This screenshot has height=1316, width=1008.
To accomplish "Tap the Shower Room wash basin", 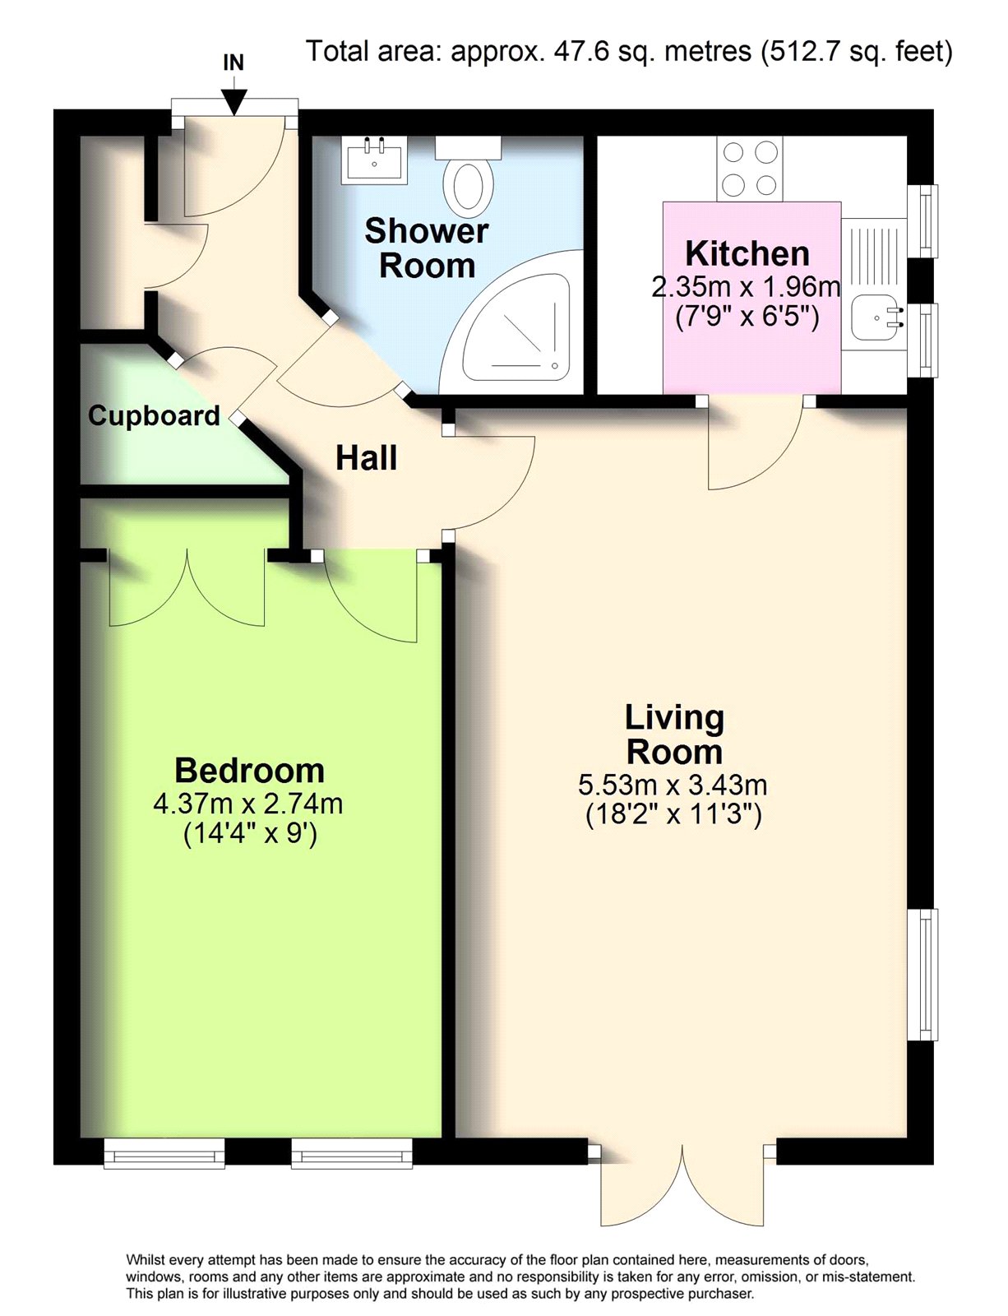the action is (x=373, y=160).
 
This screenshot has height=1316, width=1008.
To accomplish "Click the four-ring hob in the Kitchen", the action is (x=750, y=168).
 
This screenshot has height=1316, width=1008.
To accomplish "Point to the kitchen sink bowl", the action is (x=877, y=317).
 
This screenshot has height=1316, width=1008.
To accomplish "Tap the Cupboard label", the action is (x=154, y=416).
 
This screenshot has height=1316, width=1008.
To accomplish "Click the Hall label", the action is (x=366, y=458).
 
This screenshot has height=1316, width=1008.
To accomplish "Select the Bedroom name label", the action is (x=249, y=771).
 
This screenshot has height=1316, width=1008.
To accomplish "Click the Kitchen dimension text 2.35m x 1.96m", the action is (x=747, y=286).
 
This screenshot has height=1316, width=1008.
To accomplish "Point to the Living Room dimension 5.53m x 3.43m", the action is (x=673, y=785).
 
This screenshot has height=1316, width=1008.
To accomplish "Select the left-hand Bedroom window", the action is (x=164, y=1154).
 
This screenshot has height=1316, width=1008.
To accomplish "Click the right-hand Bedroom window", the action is (x=352, y=1154).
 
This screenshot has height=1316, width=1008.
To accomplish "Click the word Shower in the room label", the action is (x=426, y=231).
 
